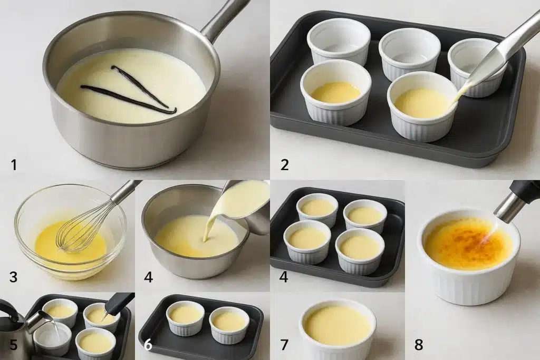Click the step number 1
coord(14,165)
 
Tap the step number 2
coord(285,165)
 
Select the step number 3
coord(13,277)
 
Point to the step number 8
coord(419,345)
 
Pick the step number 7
coord(284,345)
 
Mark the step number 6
coord(148,345)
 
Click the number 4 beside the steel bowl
coord(149,277)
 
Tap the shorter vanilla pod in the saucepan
coord(139,86)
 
